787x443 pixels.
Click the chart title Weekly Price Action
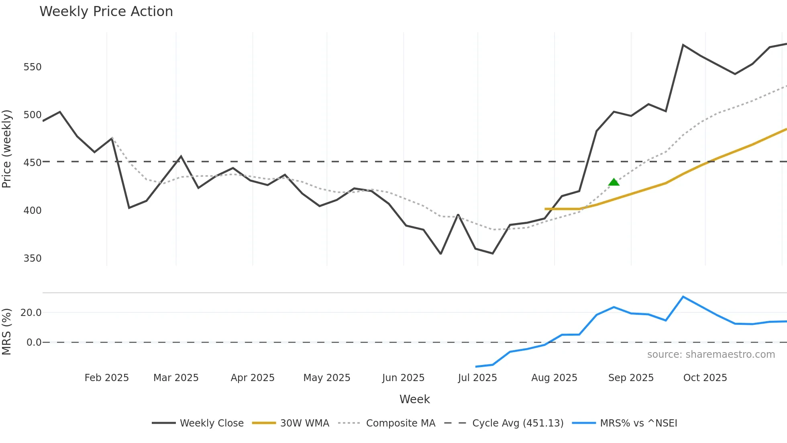point(106,12)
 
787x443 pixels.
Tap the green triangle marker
point(614,183)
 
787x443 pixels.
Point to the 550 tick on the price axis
point(33,67)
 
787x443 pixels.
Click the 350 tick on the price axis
point(33,258)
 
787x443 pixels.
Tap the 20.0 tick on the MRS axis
point(31,313)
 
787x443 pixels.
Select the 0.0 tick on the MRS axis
point(34,343)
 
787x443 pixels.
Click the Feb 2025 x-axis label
point(106,378)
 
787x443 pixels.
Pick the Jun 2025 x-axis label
point(403,378)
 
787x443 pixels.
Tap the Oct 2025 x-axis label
point(705,378)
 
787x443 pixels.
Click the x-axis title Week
point(414,399)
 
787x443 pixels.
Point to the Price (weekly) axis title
point(6,149)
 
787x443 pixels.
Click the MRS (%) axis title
point(6,332)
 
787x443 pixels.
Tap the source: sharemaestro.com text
point(711,355)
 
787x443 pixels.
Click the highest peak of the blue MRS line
point(683,297)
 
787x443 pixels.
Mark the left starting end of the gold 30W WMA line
point(545,209)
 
